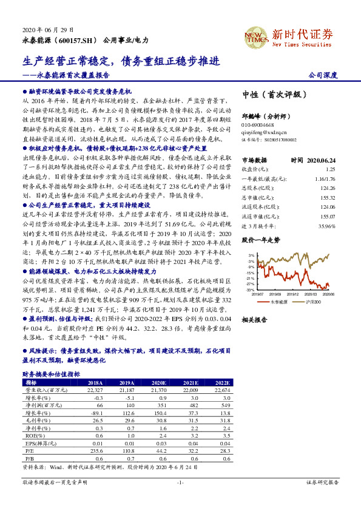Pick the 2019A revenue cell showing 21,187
pos(127,390)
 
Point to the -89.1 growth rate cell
pos(95,413)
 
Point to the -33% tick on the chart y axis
pos(251,290)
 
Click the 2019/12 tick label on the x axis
pos(295,294)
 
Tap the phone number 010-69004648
pos(261,123)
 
